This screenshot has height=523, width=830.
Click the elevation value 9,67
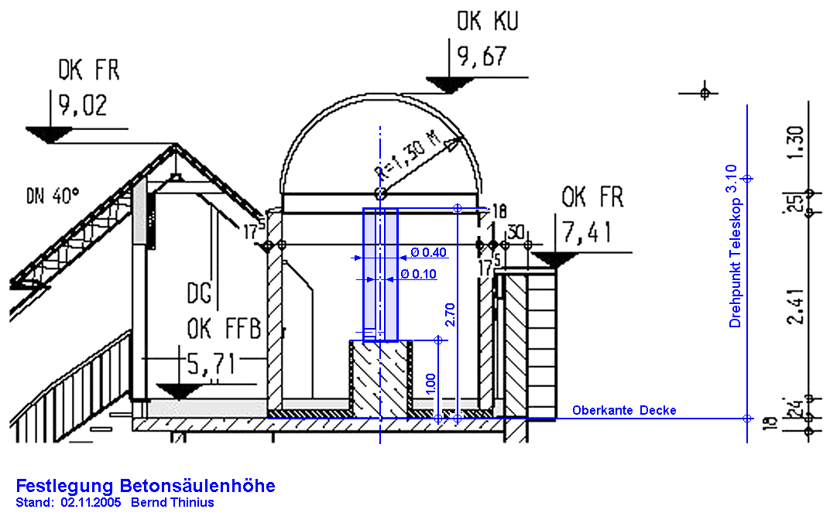pyautogui.click(x=481, y=57)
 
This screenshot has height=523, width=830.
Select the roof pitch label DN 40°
pyautogui.click(x=52, y=196)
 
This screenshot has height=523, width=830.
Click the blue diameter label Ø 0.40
pyautogui.click(x=429, y=252)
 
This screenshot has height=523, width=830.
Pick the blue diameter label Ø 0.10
pyautogui.click(x=419, y=274)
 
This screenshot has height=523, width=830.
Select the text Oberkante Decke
pyautogui.click(x=624, y=410)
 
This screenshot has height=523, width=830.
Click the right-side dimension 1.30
pyautogui.click(x=801, y=142)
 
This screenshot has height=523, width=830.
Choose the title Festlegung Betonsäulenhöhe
pyautogui.click(x=146, y=486)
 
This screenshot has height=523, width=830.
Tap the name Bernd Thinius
pyautogui.click(x=173, y=503)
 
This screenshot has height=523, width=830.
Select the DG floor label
pyautogui.click(x=201, y=295)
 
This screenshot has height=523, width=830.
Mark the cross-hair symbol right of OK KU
pyautogui.click(x=704, y=93)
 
